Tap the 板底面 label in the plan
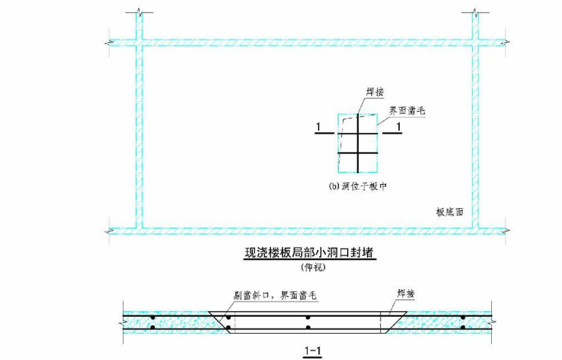click(x=451, y=212)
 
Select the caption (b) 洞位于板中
click(x=357, y=187)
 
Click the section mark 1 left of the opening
click(x=319, y=129)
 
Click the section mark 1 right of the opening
click(x=398, y=129)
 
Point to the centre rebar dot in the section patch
click(x=308, y=318)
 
